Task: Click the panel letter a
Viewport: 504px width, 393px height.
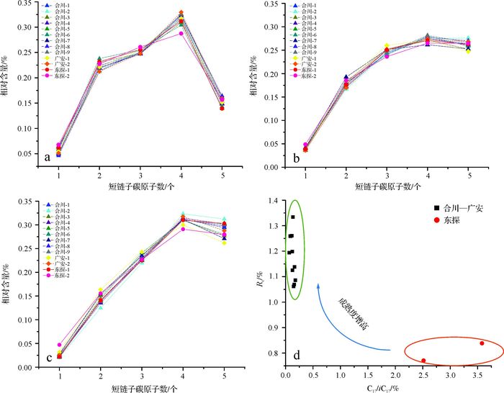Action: [48, 156]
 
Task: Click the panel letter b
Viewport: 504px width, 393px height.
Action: [296, 157]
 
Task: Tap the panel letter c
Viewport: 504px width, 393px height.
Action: [48, 357]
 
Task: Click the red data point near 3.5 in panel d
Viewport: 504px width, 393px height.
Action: [482, 343]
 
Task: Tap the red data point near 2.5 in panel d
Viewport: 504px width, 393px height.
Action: [423, 361]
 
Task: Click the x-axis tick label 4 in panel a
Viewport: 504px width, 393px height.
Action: [181, 176]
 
